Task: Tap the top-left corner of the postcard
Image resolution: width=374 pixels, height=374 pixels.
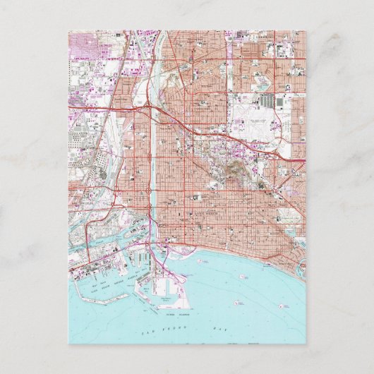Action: (68, 30)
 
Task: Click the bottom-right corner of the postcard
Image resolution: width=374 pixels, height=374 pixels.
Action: (306, 344)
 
